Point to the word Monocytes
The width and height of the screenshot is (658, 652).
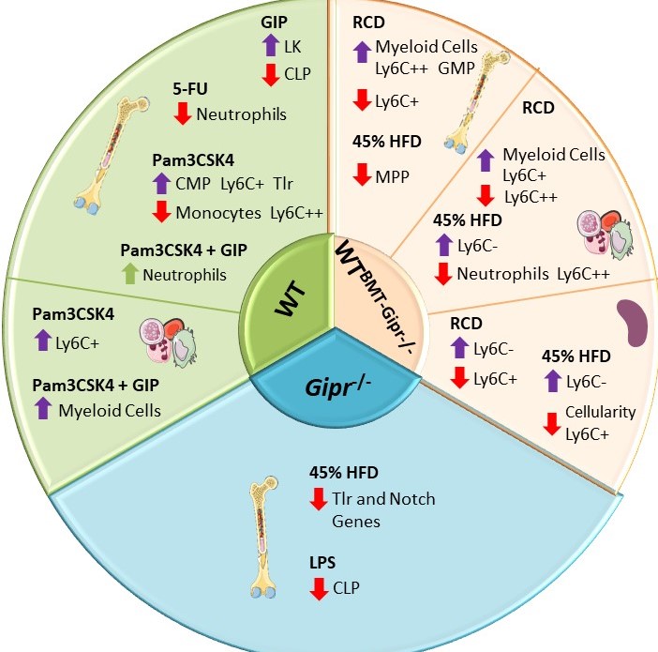[218, 212]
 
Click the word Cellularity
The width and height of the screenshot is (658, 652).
[601, 412]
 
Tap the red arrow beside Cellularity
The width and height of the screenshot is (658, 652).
[553, 422]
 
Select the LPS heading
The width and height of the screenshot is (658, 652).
[323, 563]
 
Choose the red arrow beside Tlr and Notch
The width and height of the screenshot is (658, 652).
[319, 498]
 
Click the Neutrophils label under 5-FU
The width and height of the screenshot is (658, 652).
[242, 114]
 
